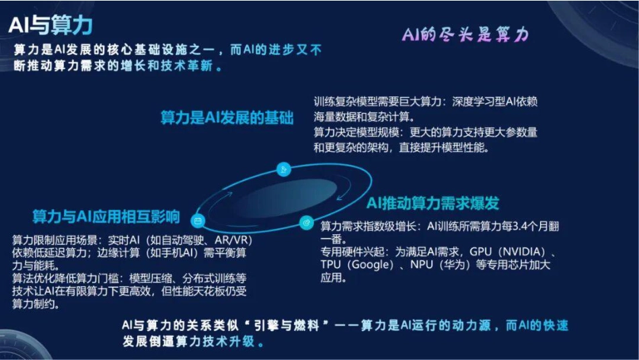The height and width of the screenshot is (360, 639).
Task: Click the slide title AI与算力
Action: pos(50,25)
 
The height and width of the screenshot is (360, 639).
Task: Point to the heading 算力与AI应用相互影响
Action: pos(106,217)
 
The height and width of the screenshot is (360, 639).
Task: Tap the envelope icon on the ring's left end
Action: pos(198,220)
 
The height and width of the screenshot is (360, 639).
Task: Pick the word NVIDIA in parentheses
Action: pos(522,251)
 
